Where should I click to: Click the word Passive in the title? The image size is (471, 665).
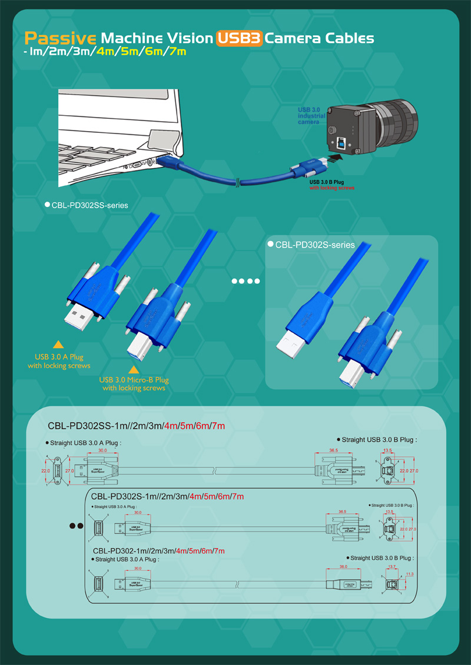click(x=60, y=39)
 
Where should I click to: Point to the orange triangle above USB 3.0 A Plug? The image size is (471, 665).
click(x=58, y=345)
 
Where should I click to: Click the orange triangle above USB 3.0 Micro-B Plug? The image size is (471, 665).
click(x=134, y=369)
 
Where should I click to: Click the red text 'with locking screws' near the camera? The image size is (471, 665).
click(x=331, y=188)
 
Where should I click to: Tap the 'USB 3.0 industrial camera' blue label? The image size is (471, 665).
click(x=311, y=116)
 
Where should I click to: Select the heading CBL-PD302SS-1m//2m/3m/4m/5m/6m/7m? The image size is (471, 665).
click(x=136, y=426)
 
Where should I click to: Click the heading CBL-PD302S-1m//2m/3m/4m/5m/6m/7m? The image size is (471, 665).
click(x=168, y=497)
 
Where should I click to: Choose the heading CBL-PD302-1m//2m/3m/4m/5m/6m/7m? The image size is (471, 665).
click(x=158, y=551)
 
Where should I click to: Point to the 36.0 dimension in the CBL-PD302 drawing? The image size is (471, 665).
click(x=343, y=567)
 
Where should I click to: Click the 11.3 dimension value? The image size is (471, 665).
click(x=410, y=574)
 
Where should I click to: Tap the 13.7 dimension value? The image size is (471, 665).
click(x=392, y=567)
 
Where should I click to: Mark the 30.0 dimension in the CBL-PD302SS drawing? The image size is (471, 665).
click(x=102, y=450)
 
